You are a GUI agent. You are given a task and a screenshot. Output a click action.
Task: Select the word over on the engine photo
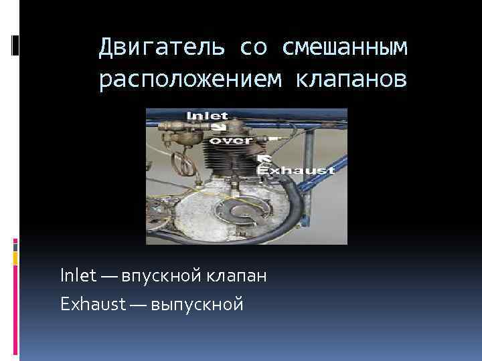pos(231,141)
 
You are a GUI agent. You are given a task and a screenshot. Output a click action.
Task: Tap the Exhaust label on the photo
pos(297,170)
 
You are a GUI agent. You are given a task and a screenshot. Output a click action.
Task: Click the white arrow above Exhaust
pos(265,158)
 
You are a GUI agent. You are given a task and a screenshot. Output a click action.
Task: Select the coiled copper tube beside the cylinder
pos(179,162)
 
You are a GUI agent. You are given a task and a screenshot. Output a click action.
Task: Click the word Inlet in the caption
pos(78,276)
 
